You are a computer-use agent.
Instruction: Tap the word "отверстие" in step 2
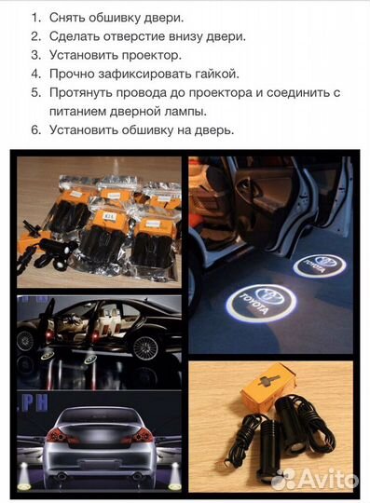click(x=144, y=36)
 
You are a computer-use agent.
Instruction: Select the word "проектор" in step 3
click(x=146, y=55)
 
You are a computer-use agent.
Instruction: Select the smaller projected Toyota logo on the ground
click(x=319, y=266)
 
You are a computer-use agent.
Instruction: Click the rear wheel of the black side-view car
click(x=145, y=349)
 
